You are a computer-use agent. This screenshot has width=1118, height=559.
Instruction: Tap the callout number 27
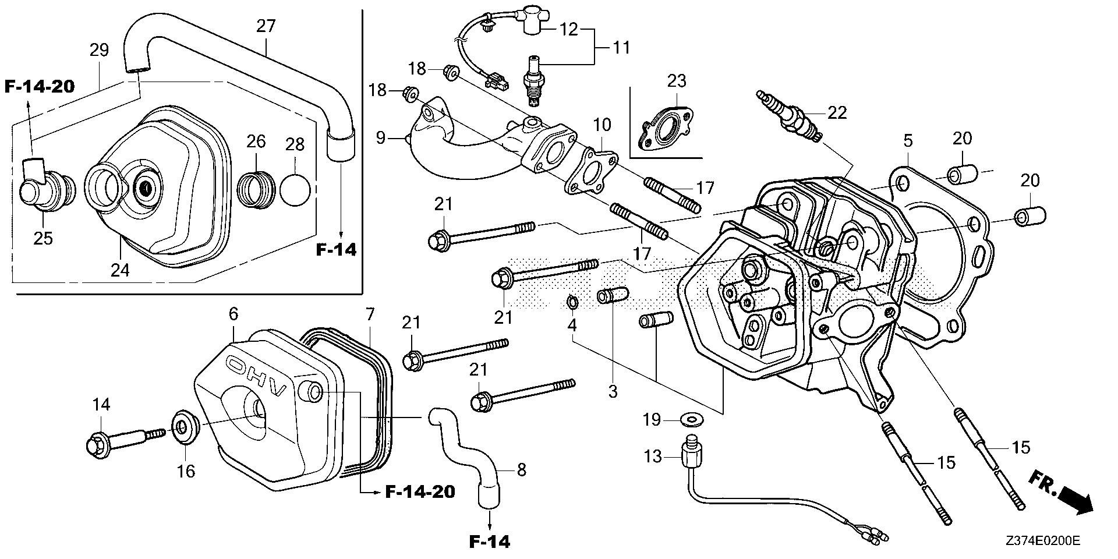coord(266,26)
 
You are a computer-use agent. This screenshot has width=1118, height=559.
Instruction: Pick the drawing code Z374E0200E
coord(1043,541)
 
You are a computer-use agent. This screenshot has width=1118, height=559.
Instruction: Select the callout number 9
coord(381,138)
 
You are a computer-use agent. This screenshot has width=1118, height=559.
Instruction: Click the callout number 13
coord(653,457)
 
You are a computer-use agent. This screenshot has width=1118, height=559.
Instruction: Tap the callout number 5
coord(908,141)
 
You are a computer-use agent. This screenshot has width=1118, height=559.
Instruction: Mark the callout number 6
coord(233,314)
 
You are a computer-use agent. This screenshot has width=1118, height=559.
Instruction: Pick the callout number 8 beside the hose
coord(521,469)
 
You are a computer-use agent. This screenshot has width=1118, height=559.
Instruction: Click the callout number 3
coord(613,392)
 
